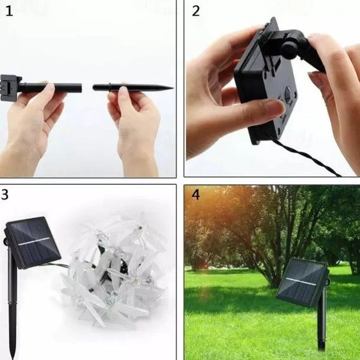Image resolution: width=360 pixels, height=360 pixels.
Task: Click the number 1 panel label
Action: pos(9,11)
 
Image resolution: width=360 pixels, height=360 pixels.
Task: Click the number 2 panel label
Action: pos(195,11)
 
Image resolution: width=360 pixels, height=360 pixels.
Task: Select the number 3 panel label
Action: pos(5,195)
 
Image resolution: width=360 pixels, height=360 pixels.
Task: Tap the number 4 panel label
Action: pos(195,195)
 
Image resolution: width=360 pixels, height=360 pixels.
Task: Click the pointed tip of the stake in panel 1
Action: pos(173,88)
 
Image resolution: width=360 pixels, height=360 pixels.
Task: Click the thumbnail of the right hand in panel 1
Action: pos(124,90)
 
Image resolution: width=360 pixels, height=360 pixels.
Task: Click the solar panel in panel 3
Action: pos(32,243)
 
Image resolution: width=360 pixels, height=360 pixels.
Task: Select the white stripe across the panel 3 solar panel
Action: pos(34,241)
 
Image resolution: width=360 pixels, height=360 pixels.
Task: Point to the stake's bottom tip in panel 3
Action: pos(13,358)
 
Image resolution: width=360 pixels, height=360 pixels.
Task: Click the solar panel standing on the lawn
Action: pos(303,283)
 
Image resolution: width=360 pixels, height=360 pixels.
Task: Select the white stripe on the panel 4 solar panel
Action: pos(301,282)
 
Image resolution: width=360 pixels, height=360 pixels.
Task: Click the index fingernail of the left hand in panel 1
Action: pos(50,88)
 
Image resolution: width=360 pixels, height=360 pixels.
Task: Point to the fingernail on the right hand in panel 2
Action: pos(312,76)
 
